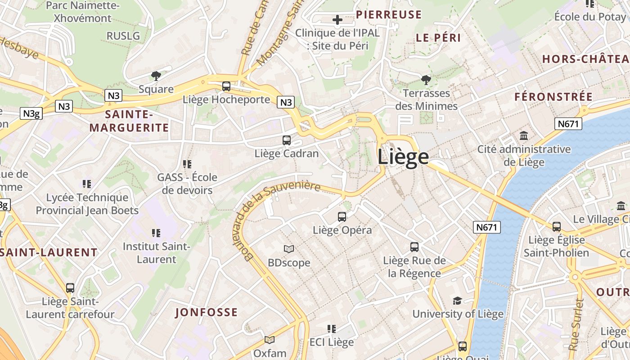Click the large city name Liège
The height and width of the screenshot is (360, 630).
pos(403,157)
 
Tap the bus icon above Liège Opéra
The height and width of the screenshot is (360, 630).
pos(342,217)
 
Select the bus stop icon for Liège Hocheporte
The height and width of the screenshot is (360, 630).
pos(226,86)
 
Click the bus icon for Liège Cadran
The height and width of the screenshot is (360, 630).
pos(287,140)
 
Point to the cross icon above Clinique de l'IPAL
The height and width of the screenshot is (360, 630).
pos(337,20)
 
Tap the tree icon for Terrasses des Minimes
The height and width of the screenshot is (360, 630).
pos(426,80)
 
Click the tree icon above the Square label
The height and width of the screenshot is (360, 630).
pos(156,76)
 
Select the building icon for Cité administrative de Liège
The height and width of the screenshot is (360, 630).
pos(524,136)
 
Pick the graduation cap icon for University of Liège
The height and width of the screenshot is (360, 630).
pos(458,301)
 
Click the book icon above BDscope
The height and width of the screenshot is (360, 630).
pos(289,249)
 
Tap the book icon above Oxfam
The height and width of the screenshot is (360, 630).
pos(270,340)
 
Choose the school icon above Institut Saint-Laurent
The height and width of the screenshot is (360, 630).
pos(156,233)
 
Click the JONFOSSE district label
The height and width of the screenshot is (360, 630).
pos(206,312)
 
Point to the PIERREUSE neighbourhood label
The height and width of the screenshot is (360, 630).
pos(389,15)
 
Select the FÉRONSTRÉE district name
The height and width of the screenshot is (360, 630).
pos(553,97)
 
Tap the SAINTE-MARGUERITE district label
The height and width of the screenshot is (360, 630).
pos(129,121)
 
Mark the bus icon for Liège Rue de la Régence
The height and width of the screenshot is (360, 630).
pos(414,247)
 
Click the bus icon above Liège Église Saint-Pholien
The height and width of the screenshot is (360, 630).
pos(557,226)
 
